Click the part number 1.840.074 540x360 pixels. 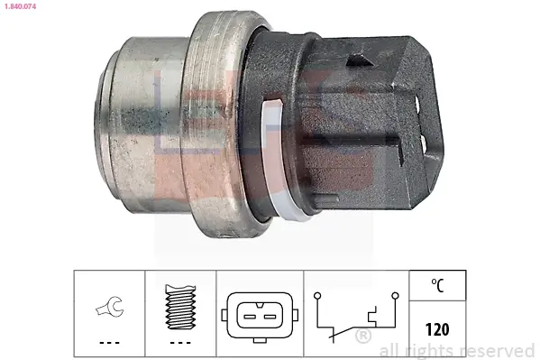[20, 6]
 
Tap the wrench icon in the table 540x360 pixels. [109, 306]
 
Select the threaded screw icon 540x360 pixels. [180, 307]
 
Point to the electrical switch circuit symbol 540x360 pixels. [356, 318]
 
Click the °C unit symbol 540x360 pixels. [437, 285]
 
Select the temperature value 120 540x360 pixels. [437, 329]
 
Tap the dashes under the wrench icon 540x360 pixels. [109, 343]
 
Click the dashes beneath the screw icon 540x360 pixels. [180, 343]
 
